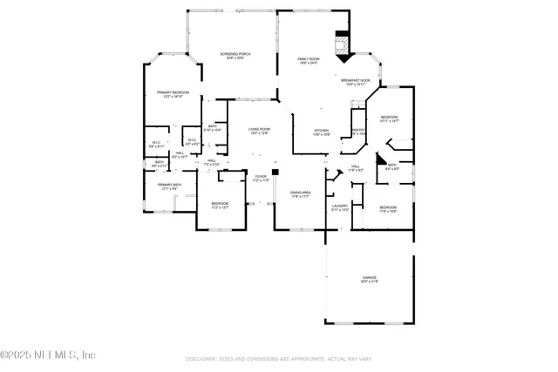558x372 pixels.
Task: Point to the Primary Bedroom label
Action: (x=174, y=94)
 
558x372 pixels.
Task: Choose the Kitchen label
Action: (x=322, y=132)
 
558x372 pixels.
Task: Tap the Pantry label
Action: (x=358, y=132)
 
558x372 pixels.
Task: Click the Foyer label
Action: (x=260, y=178)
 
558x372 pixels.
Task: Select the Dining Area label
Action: (x=301, y=194)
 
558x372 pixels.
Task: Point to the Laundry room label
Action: (x=339, y=207)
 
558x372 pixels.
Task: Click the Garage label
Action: (x=370, y=280)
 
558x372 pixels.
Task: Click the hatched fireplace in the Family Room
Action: (x=343, y=44)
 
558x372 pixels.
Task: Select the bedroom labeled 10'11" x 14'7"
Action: (x=389, y=118)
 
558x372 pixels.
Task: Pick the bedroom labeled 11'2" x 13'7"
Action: (x=220, y=206)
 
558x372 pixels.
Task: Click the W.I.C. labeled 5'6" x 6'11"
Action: (x=156, y=145)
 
